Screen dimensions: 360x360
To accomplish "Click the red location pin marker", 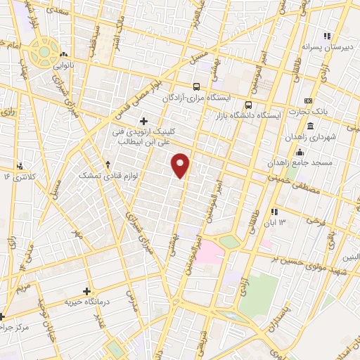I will click(x=181, y=165).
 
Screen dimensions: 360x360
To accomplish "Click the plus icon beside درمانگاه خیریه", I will click(x=87, y=290).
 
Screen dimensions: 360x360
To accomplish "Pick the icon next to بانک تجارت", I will click(x=308, y=101).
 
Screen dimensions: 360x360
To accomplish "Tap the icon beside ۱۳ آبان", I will click(x=274, y=211).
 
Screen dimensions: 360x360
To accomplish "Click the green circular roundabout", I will click(x=46, y=51).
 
